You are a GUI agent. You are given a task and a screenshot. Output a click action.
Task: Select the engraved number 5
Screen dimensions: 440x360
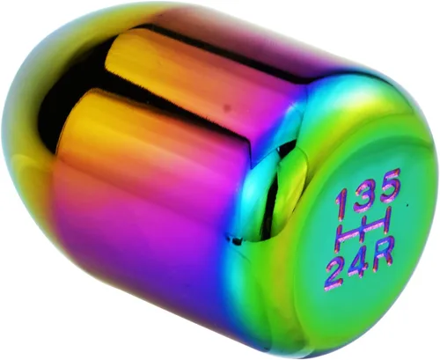click(390, 186)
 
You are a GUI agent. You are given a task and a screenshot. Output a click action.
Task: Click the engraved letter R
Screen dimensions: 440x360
click(384, 254)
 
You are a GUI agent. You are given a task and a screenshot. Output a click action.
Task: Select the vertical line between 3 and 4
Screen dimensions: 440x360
click(363, 231)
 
